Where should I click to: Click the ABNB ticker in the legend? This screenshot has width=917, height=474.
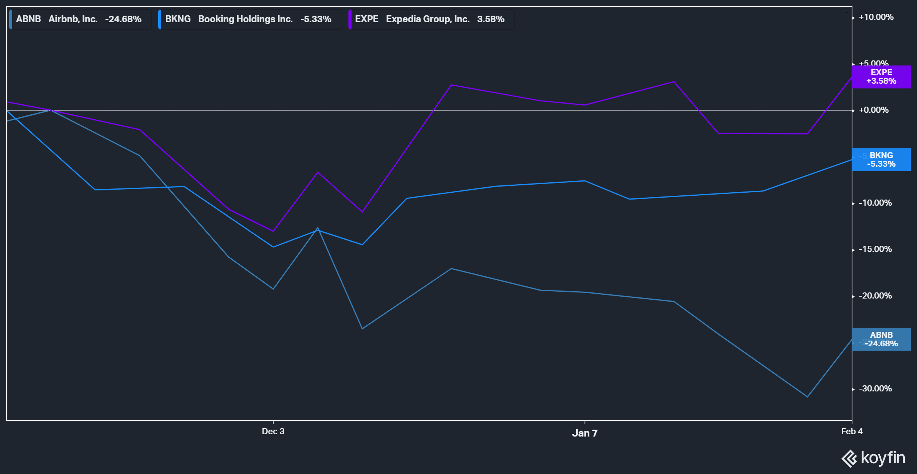coord(28,19)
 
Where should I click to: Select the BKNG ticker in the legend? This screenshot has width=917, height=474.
coord(178,19)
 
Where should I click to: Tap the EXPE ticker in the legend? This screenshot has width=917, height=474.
coord(366,19)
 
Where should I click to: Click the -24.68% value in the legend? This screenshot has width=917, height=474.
coord(123,19)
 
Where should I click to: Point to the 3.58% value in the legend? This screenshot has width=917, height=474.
coord(491,19)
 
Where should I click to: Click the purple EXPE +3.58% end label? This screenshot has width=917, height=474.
coord(881,77)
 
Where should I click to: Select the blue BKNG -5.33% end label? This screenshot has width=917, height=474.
coord(881,160)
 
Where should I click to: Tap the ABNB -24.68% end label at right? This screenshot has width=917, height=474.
coord(881,339)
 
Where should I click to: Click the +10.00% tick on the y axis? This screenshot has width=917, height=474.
coord(876,17)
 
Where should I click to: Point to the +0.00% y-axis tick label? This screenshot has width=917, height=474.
coord(873,110)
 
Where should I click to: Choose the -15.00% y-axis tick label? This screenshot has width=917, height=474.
coord(875,249)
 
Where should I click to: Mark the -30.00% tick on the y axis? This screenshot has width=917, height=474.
coord(875,389)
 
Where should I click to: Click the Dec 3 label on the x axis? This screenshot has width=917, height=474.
coord(273,431)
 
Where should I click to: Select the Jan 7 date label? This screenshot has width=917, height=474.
coord(585,433)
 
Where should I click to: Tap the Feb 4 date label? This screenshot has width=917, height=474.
coord(852,431)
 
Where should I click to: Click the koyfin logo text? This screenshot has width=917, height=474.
coord(883,458)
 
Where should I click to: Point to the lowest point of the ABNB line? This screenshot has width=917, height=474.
coord(807,397)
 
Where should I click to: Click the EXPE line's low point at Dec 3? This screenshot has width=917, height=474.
coord(273,231)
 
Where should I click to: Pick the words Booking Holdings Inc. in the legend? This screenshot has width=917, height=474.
coord(245,19)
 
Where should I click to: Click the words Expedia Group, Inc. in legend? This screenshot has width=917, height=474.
coord(428,19)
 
